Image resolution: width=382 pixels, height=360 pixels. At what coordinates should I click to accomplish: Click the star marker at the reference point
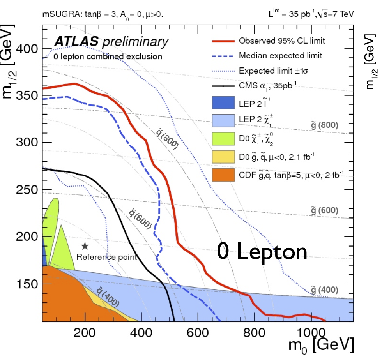point(85,245)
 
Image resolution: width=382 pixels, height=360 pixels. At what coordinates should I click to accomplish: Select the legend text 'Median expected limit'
point(280,56)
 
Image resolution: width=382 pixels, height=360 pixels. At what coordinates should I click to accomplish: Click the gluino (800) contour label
point(324,125)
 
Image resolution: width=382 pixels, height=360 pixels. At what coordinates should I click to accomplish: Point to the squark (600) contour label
point(139,218)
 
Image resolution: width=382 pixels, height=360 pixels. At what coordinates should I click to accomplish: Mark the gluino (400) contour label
point(324,289)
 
